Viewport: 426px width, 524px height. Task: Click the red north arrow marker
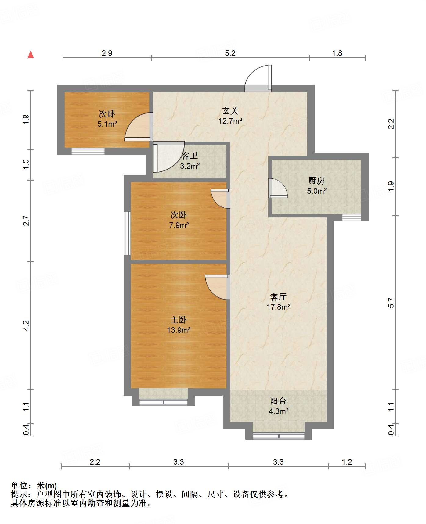pyautogui.click(x=31, y=54)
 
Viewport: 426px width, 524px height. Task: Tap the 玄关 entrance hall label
pyautogui.click(x=230, y=111)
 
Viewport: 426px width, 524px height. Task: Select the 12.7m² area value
pyautogui.click(x=230, y=121)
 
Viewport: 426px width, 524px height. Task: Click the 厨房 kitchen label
pyautogui.click(x=316, y=181)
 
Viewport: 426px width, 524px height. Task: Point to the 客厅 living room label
pyautogui.click(x=278, y=297)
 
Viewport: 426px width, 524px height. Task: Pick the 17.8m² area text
pyautogui.click(x=278, y=307)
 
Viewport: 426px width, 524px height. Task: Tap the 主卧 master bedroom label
pyautogui.click(x=179, y=320)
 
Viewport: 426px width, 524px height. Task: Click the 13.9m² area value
pyautogui.click(x=179, y=330)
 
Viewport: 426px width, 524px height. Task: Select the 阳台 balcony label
pyautogui.click(x=278, y=401)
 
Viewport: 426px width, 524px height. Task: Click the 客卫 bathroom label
pyautogui.click(x=190, y=156)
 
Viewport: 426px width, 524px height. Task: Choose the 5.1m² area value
pyautogui.click(x=107, y=124)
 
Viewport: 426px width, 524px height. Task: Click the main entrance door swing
pyautogui.click(x=258, y=78)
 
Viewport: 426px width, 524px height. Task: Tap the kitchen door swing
pyautogui.click(x=278, y=188)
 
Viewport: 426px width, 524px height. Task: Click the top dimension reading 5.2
pyautogui.click(x=230, y=53)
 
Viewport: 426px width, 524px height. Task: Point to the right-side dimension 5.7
pyautogui.click(x=391, y=303)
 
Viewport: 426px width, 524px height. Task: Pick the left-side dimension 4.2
pyautogui.click(x=26, y=325)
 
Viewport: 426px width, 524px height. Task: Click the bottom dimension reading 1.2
pyautogui.click(x=347, y=462)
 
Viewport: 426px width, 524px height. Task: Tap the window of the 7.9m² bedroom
pyautogui.click(x=127, y=233)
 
